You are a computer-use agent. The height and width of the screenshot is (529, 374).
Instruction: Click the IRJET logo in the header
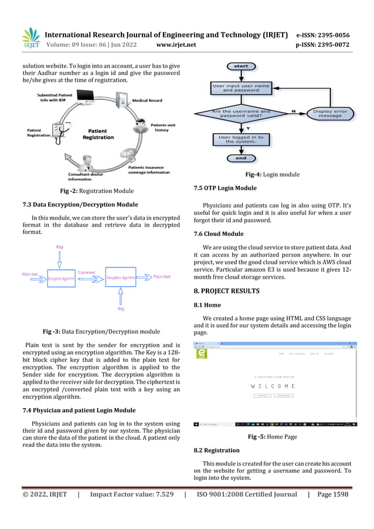[x=30, y=38]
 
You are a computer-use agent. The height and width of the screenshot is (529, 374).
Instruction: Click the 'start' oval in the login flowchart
[x=241, y=66]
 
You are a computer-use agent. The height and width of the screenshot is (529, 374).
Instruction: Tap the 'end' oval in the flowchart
[x=241, y=158]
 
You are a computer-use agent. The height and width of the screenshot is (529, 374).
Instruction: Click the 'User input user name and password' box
[x=241, y=88]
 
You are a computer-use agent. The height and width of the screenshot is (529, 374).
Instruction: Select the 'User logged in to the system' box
[x=241, y=139]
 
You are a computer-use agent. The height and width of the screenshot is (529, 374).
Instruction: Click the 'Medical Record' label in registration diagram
[x=147, y=100]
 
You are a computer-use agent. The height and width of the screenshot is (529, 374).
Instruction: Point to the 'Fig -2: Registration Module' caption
[x=97, y=191]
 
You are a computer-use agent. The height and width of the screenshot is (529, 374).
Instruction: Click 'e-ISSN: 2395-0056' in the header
[x=323, y=35]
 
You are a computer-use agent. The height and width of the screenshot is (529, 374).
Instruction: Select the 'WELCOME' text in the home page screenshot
[x=273, y=386]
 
